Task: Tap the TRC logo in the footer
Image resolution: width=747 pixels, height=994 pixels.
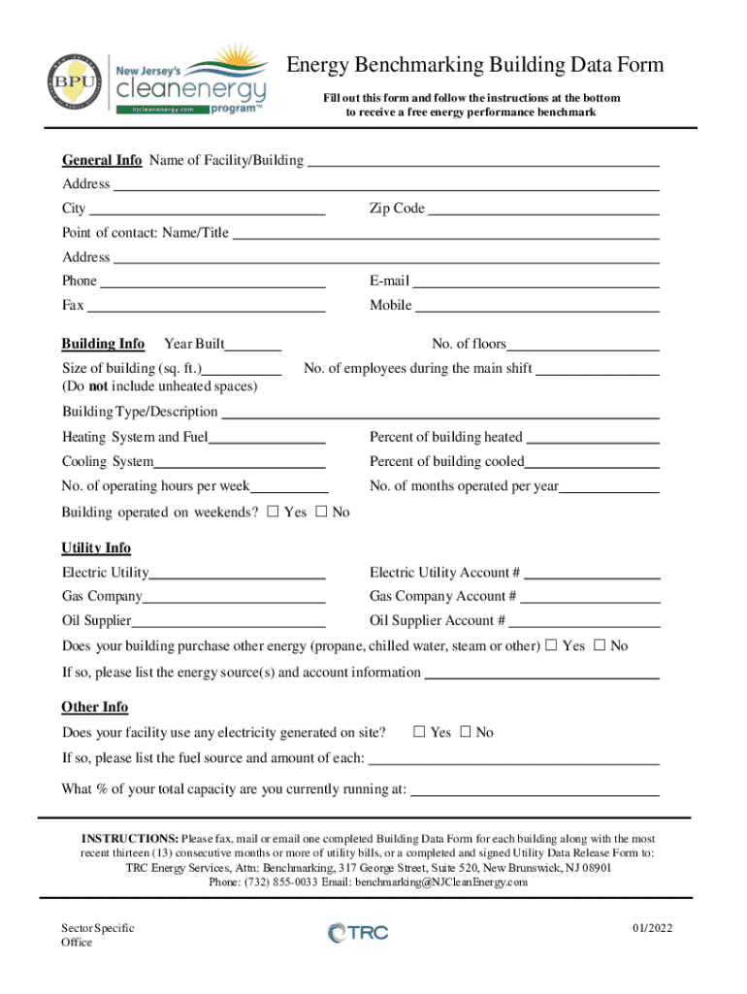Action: tap(358, 934)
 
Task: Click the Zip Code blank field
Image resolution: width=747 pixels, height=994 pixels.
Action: tap(543, 209)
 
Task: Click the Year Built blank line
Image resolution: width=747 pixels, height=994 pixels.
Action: tap(255, 344)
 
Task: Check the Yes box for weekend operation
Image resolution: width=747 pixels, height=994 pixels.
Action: tap(273, 512)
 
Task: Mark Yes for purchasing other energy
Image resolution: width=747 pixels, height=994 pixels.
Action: tap(551, 646)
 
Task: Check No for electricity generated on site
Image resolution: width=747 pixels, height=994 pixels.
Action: tap(465, 732)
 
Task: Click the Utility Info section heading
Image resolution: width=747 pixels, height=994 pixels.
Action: tap(96, 548)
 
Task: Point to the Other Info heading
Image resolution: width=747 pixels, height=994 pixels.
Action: tap(95, 708)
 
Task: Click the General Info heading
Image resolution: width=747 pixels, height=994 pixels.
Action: tap(102, 160)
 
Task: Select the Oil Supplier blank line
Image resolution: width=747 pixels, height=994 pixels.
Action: tap(228, 621)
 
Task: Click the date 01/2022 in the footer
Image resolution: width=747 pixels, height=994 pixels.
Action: tap(651, 928)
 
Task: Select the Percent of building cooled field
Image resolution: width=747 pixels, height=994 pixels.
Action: tap(592, 462)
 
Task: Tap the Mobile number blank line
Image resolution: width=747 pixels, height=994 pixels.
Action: tap(537, 306)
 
